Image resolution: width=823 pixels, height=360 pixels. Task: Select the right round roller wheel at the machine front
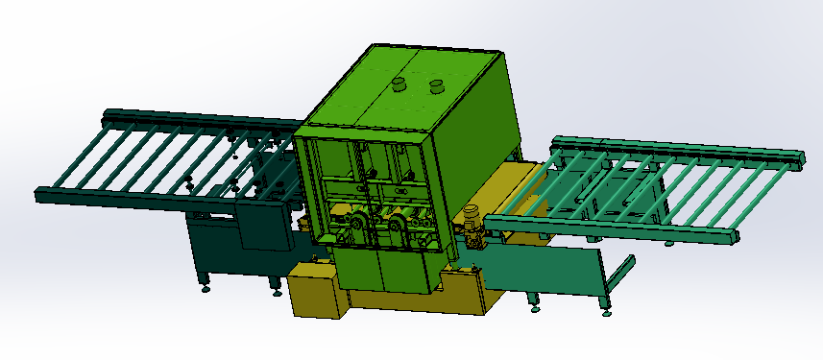tap(398, 228)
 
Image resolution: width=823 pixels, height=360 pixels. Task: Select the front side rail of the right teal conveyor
tap(615, 230)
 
